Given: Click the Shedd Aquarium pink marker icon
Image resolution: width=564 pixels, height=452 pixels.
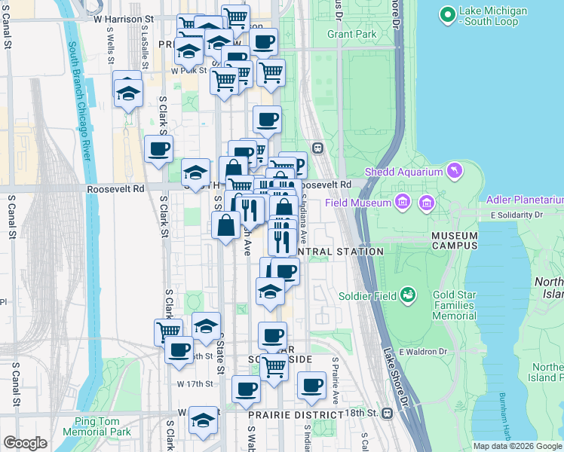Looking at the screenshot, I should [x=454, y=172].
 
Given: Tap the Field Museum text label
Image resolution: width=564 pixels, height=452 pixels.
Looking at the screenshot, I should [x=358, y=203].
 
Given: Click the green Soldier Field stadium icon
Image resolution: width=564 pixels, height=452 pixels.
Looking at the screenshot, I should [x=408, y=295].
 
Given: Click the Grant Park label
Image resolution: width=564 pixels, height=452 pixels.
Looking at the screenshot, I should [x=351, y=34].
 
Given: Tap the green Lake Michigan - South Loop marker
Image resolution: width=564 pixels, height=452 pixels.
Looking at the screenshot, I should [x=447, y=14].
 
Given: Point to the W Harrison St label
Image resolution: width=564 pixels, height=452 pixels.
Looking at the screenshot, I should [x=124, y=17].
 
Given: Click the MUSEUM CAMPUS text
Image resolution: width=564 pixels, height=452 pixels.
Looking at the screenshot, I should [x=454, y=240].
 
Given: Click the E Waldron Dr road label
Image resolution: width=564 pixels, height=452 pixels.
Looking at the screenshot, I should [x=423, y=352].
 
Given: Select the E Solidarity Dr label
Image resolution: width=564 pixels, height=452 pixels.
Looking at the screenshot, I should [x=516, y=215].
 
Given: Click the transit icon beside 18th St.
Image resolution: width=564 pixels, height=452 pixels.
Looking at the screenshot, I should [x=388, y=414].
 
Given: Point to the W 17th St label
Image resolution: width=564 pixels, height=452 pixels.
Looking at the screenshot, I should [x=191, y=383].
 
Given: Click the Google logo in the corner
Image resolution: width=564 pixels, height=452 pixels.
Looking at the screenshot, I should [x=25, y=443].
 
